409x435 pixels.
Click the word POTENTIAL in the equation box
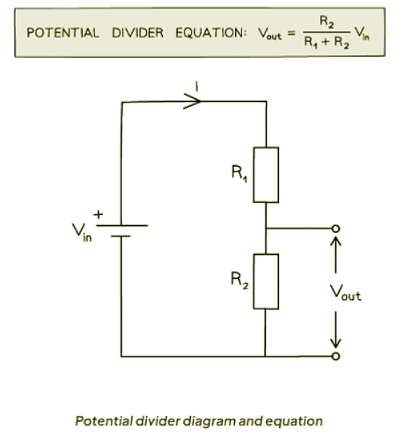63,33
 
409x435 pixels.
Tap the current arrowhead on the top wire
192,103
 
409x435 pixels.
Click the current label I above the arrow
192,83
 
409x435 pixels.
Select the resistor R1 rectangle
265,174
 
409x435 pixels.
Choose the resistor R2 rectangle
265,281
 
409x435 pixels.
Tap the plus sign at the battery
100,214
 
